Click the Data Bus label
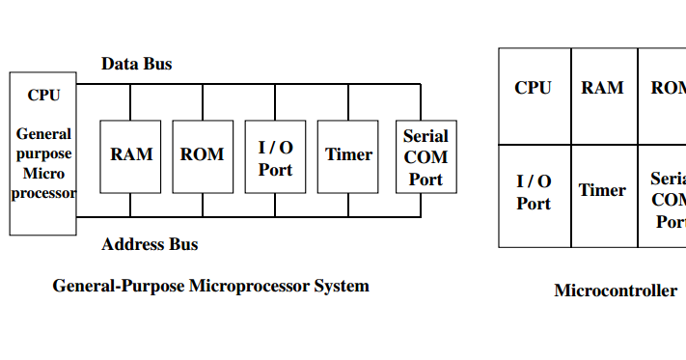click(x=137, y=64)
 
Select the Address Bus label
click(x=150, y=244)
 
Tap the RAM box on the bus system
click(x=131, y=155)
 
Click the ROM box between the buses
click(x=203, y=155)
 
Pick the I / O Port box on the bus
click(x=275, y=155)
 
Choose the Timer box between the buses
click(x=348, y=155)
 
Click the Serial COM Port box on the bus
click(x=425, y=155)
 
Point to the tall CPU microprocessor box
click(x=43, y=153)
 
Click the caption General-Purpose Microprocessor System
click(x=210, y=286)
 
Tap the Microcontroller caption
click(x=615, y=291)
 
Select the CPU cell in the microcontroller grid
click(x=534, y=97)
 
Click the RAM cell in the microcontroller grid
click(x=602, y=97)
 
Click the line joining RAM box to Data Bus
click(x=130, y=101)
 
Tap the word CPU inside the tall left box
click(x=43, y=95)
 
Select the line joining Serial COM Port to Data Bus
click(x=421, y=101)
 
